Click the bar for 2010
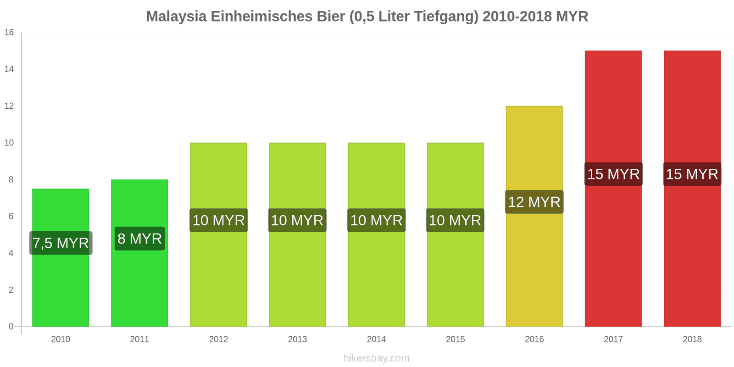tap(61, 284)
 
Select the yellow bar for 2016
tap(534, 266)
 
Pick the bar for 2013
tap(297, 275)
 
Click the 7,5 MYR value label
tap(61, 243)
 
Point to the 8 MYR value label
tap(139, 239)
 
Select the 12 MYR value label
tap(534, 202)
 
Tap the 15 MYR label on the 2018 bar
tap(692, 174)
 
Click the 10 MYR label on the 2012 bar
tap(218, 220)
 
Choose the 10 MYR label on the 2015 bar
tap(455, 220)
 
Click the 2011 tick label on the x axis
tap(139, 339)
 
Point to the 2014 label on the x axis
tap(376, 339)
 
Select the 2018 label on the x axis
tap(692, 339)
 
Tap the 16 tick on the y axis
tap(9, 33)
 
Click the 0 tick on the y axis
tap(11, 327)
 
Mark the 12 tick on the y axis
tap(9, 106)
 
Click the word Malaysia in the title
tap(176, 17)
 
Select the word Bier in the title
tap(330, 17)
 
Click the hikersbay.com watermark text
tap(376, 358)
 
